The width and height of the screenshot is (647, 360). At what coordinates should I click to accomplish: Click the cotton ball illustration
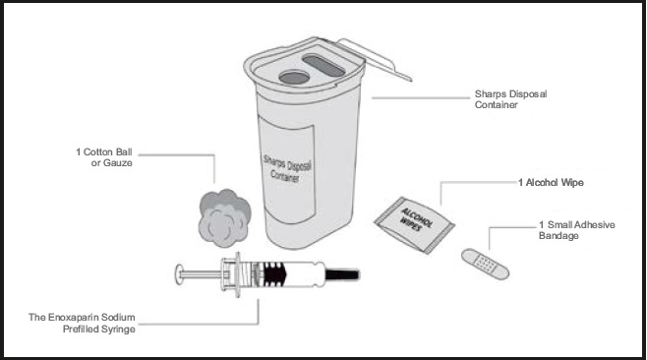click(x=224, y=217)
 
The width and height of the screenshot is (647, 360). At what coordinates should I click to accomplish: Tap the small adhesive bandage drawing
click(x=486, y=264)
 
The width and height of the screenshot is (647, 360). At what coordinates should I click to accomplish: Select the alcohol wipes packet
click(x=414, y=224)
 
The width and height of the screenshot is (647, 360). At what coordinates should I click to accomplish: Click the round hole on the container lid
click(x=294, y=77)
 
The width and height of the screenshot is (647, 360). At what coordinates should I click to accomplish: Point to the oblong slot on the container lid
click(x=323, y=66)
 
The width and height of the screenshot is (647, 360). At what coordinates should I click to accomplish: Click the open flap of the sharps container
click(x=374, y=58)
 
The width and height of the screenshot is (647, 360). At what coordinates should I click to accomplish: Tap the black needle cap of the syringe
click(x=342, y=274)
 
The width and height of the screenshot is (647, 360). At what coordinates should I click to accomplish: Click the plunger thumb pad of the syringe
click(x=179, y=274)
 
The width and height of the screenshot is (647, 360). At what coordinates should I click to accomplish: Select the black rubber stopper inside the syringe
click(x=274, y=274)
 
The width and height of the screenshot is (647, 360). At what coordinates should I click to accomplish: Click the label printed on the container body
click(x=287, y=170)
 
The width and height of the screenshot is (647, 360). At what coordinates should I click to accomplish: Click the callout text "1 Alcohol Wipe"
click(x=551, y=183)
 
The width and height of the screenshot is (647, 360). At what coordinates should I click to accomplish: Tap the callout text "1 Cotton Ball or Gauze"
click(x=104, y=157)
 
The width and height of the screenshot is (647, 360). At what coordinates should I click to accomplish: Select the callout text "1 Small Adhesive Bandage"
click(x=577, y=230)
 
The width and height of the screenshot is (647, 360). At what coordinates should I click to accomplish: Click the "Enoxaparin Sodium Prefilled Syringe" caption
click(x=82, y=324)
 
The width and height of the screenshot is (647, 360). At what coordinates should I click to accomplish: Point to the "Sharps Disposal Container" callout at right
click(x=511, y=99)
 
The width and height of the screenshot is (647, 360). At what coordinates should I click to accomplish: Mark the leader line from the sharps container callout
click(x=421, y=97)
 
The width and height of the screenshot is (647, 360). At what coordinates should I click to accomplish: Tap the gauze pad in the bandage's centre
click(x=486, y=264)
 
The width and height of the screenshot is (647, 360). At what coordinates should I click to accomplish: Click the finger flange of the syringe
click(x=238, y=274)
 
